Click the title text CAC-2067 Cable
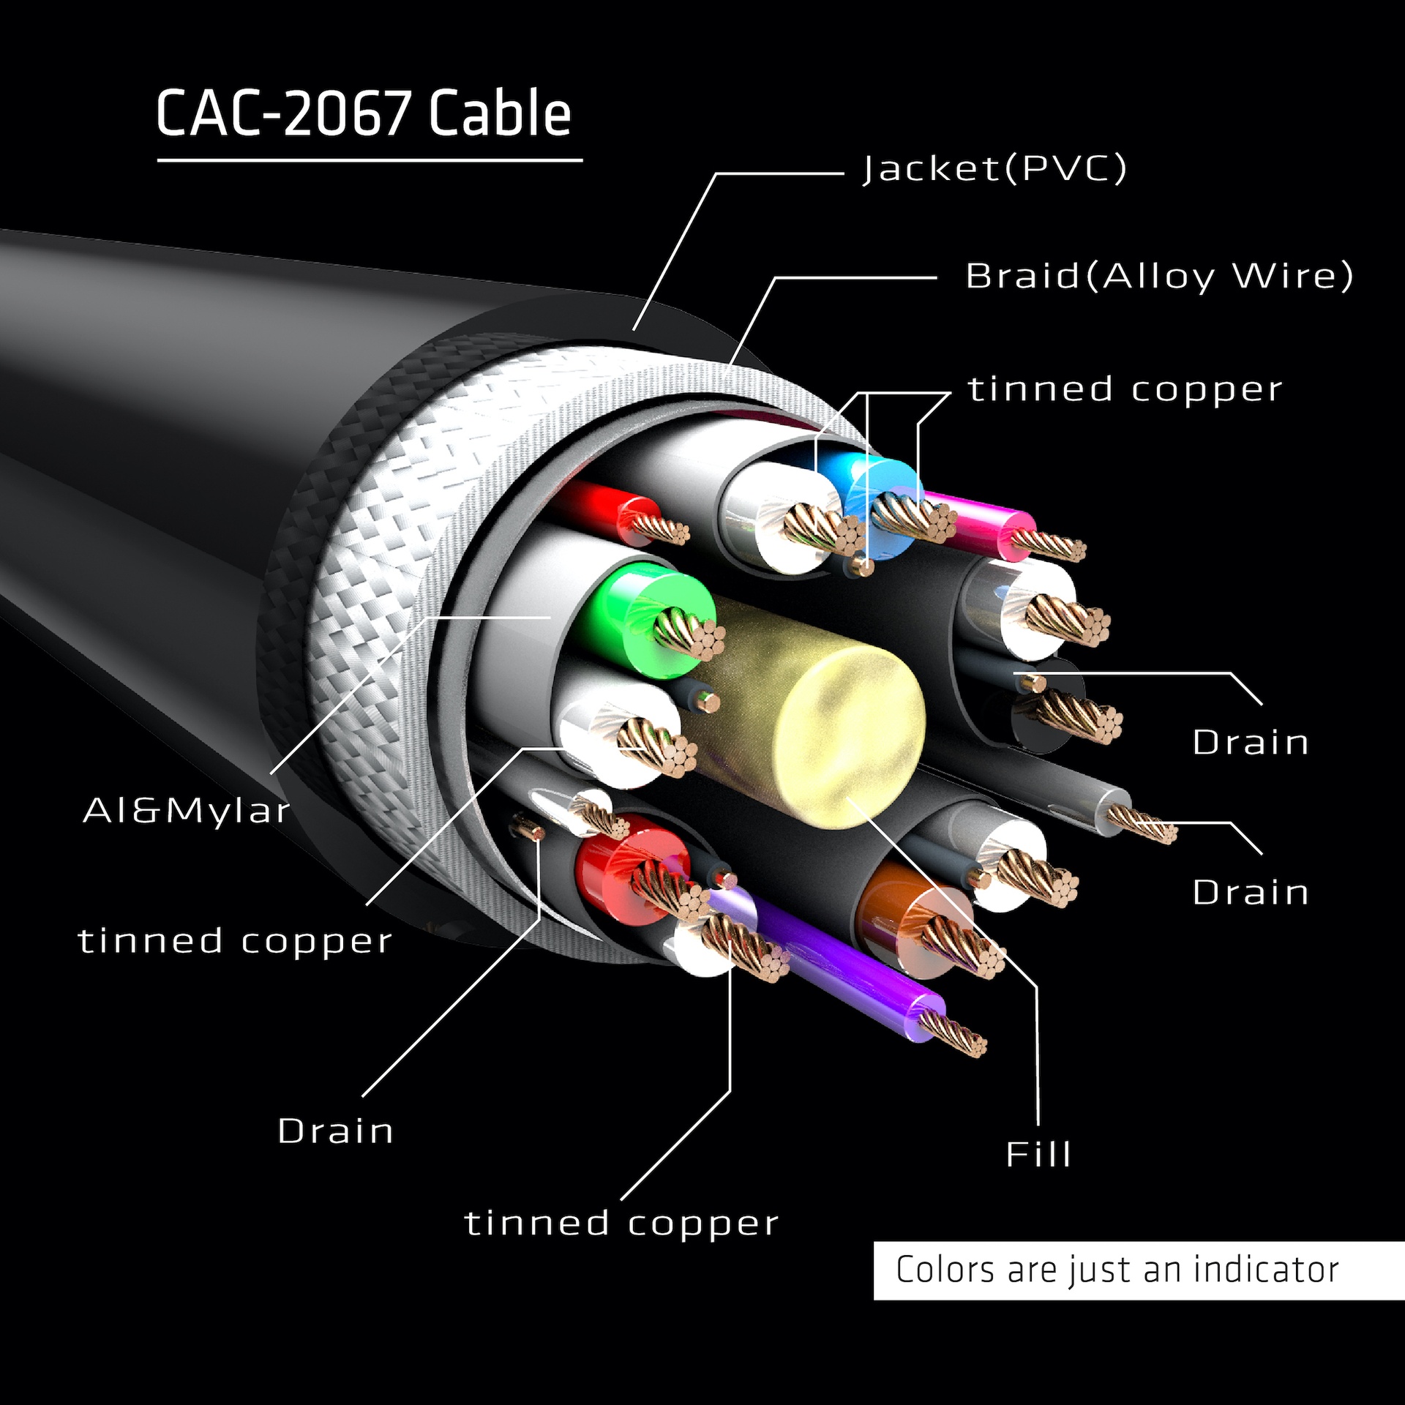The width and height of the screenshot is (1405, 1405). coord(363,113)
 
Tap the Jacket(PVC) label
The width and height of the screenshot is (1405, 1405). coord(994,169)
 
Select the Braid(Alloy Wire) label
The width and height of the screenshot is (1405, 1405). coord(1159,277)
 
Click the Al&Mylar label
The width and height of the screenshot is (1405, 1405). coord(187,811)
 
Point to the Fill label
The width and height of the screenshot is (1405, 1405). coord(1038,1155)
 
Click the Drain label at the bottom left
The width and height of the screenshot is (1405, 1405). coord(336,1131)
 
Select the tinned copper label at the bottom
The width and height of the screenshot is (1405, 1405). coord(621,1224)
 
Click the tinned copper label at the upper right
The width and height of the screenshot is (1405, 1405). coord(1125,389)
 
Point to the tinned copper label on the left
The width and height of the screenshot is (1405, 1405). coord(235,941)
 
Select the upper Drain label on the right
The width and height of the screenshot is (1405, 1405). coord(1251,743)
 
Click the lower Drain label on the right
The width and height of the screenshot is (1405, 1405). coord(1251,893)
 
